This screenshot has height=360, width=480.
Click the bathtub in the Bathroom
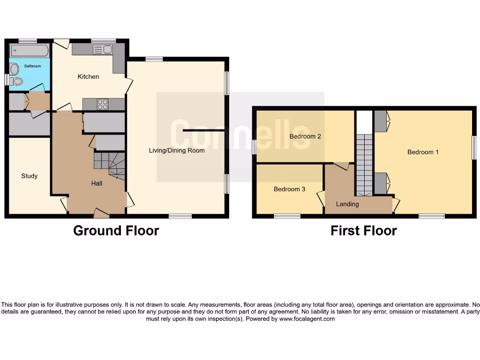tap(29, 50)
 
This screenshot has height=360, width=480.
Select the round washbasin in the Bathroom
tap(14, 69)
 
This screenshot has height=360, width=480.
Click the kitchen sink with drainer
tap(102, 49)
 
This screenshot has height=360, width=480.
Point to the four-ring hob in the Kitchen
tap(102, 104)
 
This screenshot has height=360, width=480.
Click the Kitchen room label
tap(88, 76)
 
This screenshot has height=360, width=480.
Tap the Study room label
tap(29, 176)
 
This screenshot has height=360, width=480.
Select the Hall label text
tap(97, 183)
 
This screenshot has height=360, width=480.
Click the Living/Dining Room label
tap(177, 150)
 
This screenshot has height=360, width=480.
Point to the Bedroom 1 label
tap(423, 152)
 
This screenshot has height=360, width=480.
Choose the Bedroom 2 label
tap(305, 136)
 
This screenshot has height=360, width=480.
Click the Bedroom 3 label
tap(289, 189)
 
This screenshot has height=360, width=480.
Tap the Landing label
tap(347, 204)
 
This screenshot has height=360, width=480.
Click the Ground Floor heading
tap(116, 231)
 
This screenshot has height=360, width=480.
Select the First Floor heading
tap(363, 231)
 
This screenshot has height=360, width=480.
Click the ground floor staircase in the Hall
tap(110, 165)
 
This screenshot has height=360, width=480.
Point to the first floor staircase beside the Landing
tap(364, 165)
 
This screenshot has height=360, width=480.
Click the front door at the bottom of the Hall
tap(101, 214)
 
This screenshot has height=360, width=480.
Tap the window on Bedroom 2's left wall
tap(254, 147)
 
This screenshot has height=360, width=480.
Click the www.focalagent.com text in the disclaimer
tap(307, 319)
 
